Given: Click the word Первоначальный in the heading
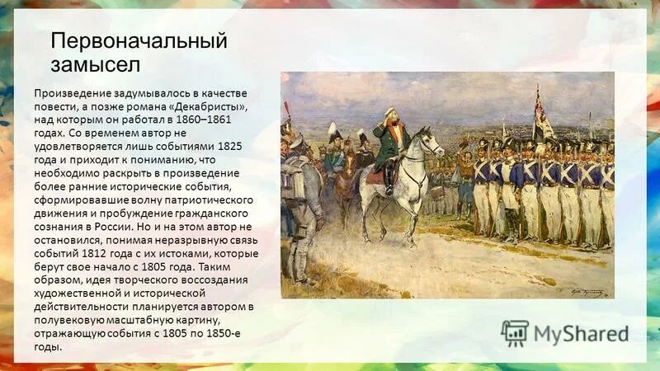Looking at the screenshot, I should click(139, 40).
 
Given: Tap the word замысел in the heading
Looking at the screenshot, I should click(96, 63).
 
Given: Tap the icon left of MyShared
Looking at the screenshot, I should click(515, 333).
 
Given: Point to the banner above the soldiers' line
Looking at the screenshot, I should click(542, 113).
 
